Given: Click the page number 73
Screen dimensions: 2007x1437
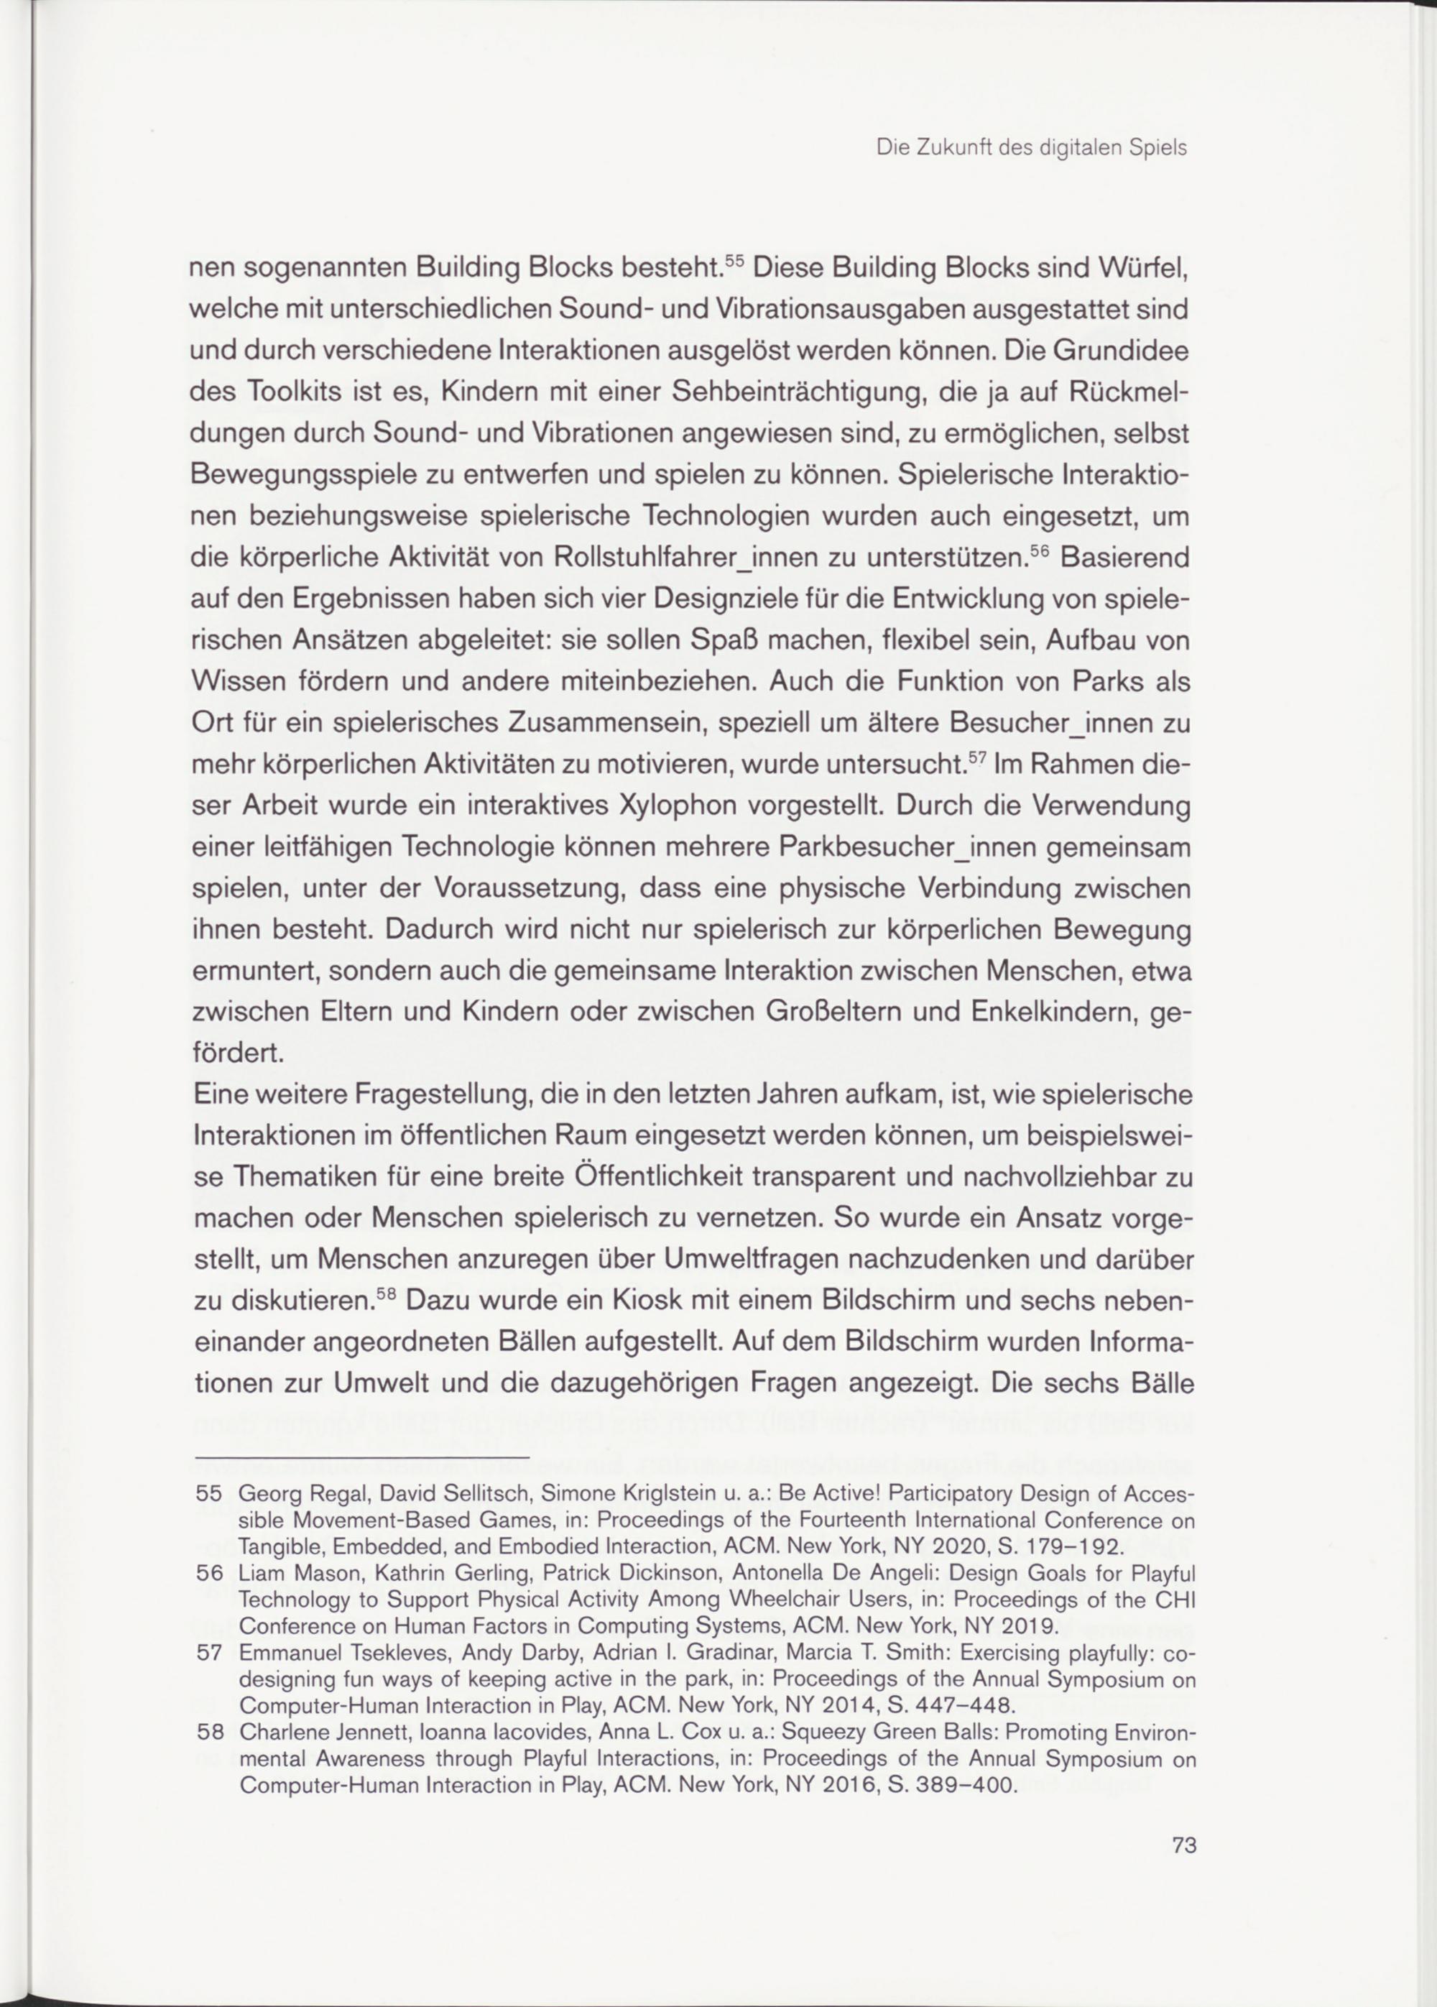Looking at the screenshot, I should (1184, 1845).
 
